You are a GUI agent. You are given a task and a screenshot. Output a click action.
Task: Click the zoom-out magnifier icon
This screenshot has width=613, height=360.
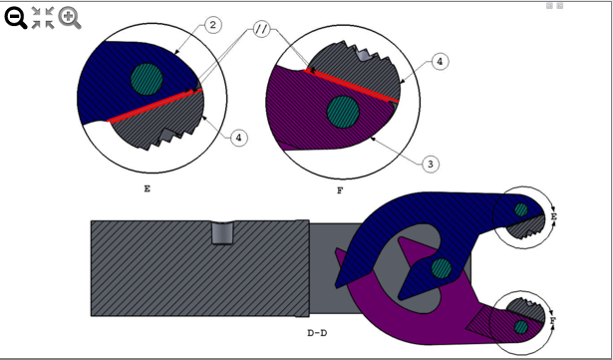(x=16, y=17)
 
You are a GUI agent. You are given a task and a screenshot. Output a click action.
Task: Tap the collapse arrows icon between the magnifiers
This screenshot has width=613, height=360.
(x=43, y=17)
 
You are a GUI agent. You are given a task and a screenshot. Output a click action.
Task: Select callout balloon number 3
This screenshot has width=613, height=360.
(x=430, y=162)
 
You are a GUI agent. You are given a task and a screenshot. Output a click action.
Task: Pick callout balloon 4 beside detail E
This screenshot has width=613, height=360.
(x=239, y=138)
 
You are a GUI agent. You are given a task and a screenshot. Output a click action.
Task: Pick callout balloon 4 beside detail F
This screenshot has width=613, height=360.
(x=441, y=62)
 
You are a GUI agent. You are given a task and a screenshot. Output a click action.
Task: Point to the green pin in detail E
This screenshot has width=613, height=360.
(x=147, y=76)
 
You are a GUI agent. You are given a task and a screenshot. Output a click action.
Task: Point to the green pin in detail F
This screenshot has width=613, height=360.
(x=343, y=111)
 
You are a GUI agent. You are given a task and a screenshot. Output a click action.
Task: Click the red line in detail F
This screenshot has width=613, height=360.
(x=354, y=85)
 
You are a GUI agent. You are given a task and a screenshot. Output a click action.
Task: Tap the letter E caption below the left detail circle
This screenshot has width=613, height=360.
(x=148, y=185)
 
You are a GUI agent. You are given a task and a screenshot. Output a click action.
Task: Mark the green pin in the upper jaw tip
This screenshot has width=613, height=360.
(x=520, y=209)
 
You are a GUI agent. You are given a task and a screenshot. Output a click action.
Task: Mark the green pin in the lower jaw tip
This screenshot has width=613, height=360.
(x=521, y=326)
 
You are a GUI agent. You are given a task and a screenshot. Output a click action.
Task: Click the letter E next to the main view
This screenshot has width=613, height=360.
(x=553, y=215)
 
